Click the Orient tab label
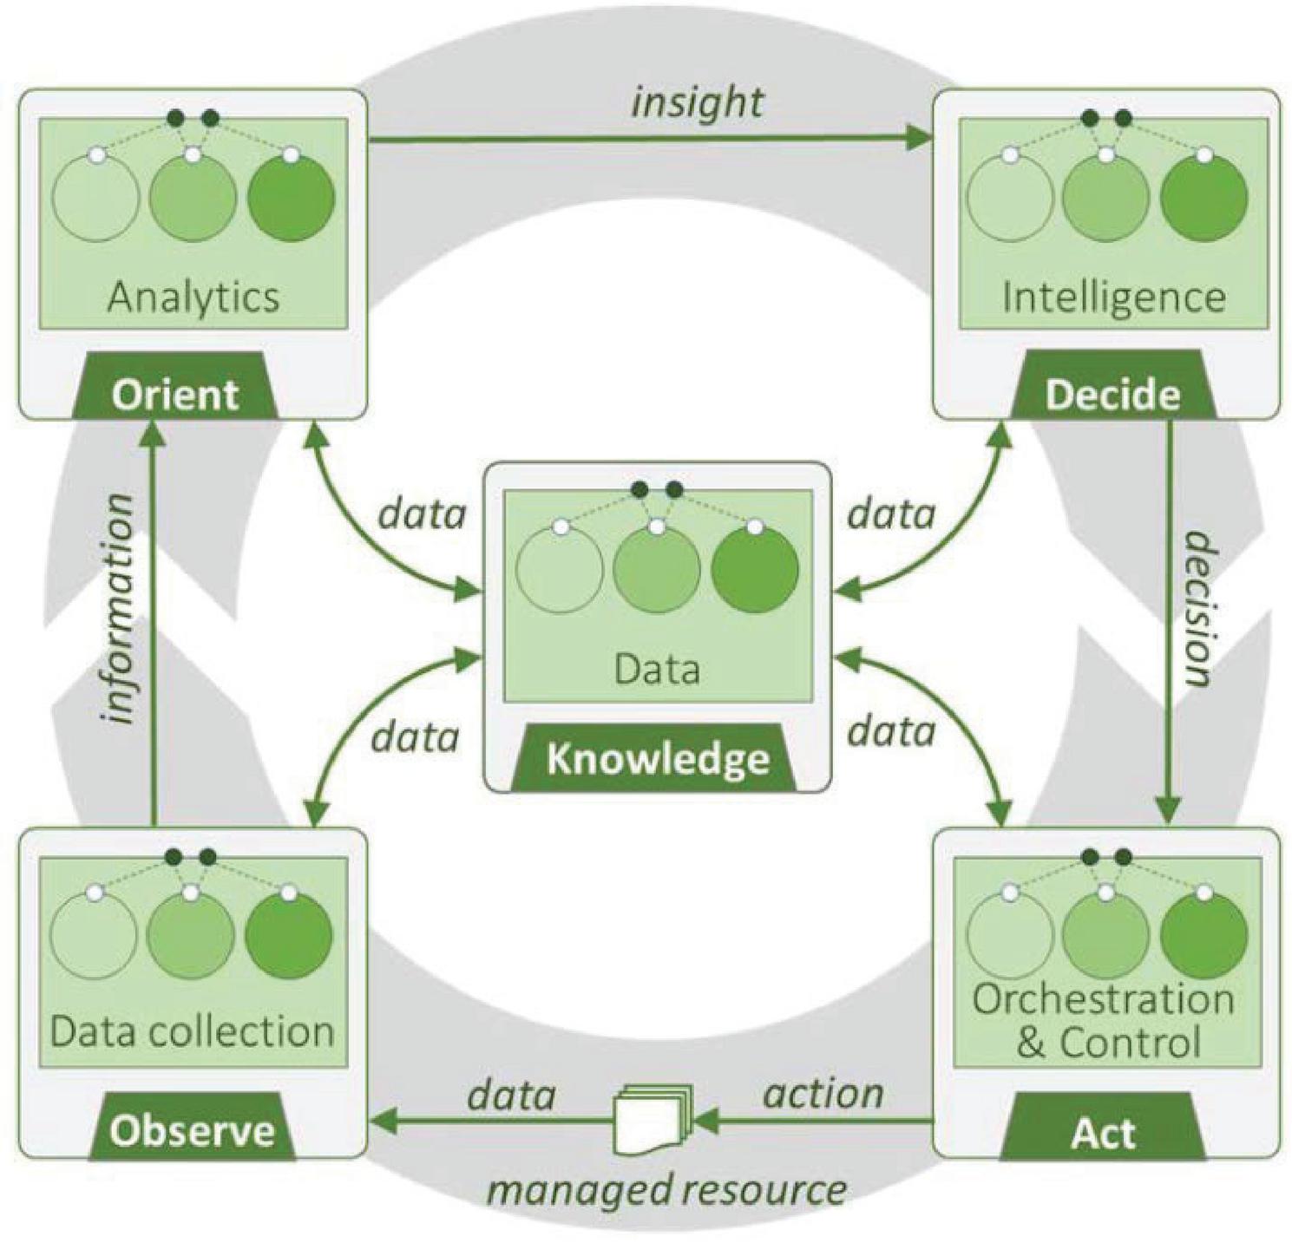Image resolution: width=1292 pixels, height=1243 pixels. (x=175, y=395)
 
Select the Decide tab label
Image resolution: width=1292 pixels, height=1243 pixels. (x=1112, y=395)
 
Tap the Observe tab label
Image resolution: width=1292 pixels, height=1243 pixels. (x=192, y=1131)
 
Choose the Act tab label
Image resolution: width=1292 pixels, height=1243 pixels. (x=1102, y=1133)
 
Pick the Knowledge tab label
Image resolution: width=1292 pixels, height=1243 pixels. (x=658, y=760)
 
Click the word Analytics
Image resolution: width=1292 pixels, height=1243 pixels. (x=193, y=297)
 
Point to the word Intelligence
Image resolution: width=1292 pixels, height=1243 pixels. (x=1113, y=297)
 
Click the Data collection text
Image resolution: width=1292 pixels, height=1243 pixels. (x=192, y=1031)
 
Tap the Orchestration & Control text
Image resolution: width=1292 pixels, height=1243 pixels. (x=1104, y=1020)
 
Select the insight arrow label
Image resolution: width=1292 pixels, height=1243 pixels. (x=698, y=102)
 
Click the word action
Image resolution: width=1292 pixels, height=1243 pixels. (x=823, y=1094)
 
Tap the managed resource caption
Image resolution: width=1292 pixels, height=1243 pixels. (x=666, y=1189)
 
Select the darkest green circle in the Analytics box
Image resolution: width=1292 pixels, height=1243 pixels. (x=291, y=198)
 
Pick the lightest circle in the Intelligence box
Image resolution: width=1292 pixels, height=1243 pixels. (x=1010, y=199)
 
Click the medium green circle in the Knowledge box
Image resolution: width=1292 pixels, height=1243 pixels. (x=657, y=570)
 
